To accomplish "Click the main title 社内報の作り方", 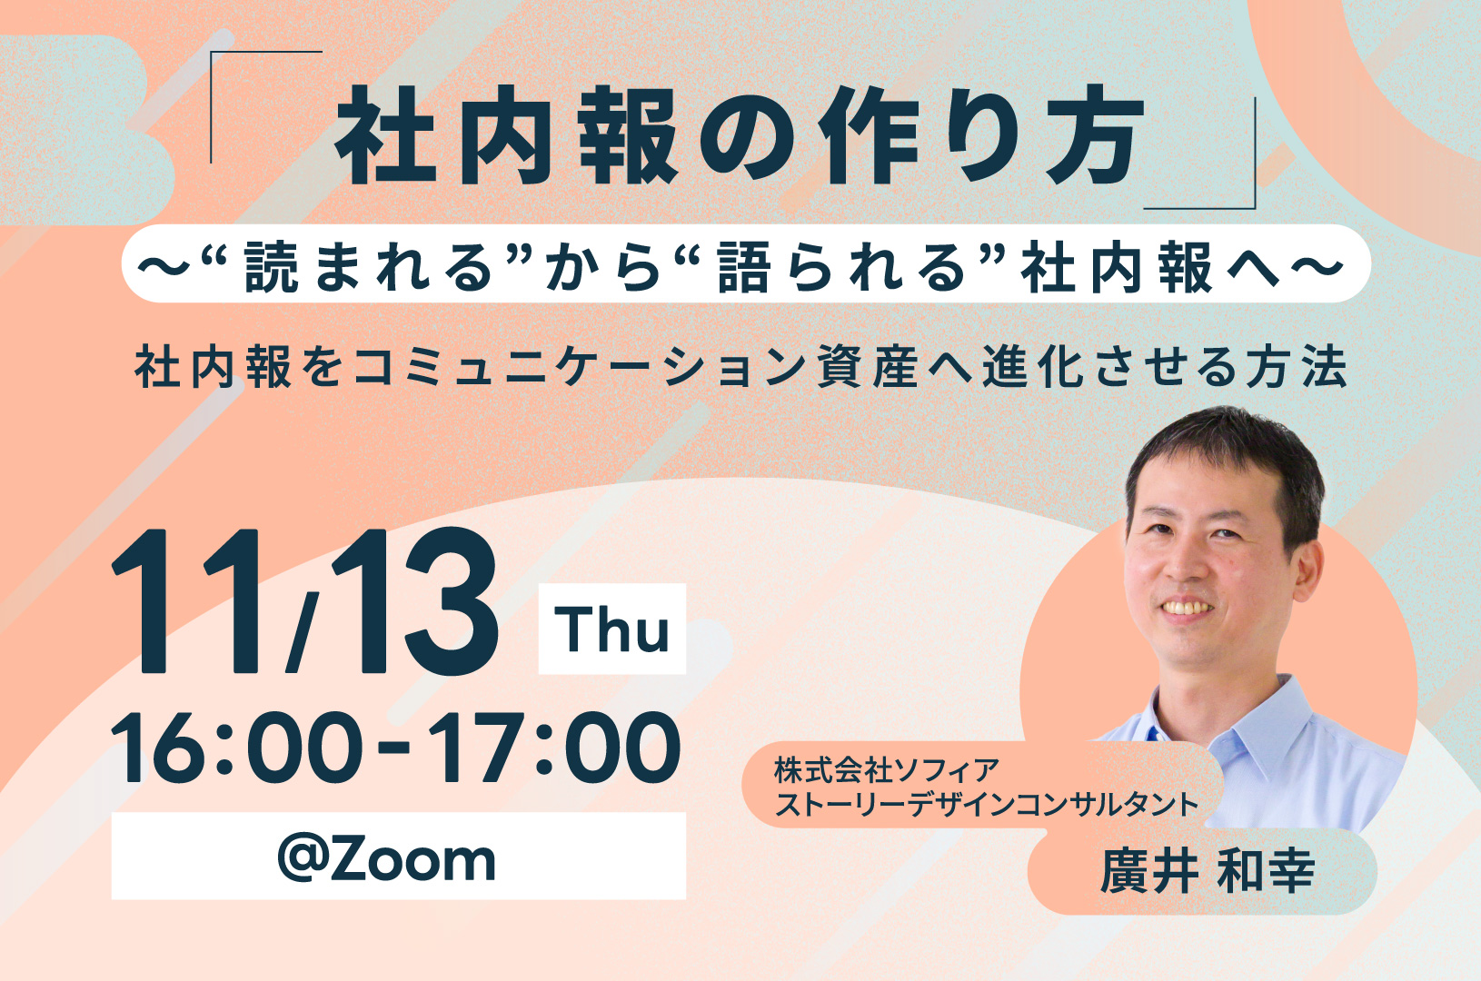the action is [740, 134].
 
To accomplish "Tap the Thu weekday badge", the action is [612, 629].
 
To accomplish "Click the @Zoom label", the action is [387, 859].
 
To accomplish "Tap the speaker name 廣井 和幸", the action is [1208, 871].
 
